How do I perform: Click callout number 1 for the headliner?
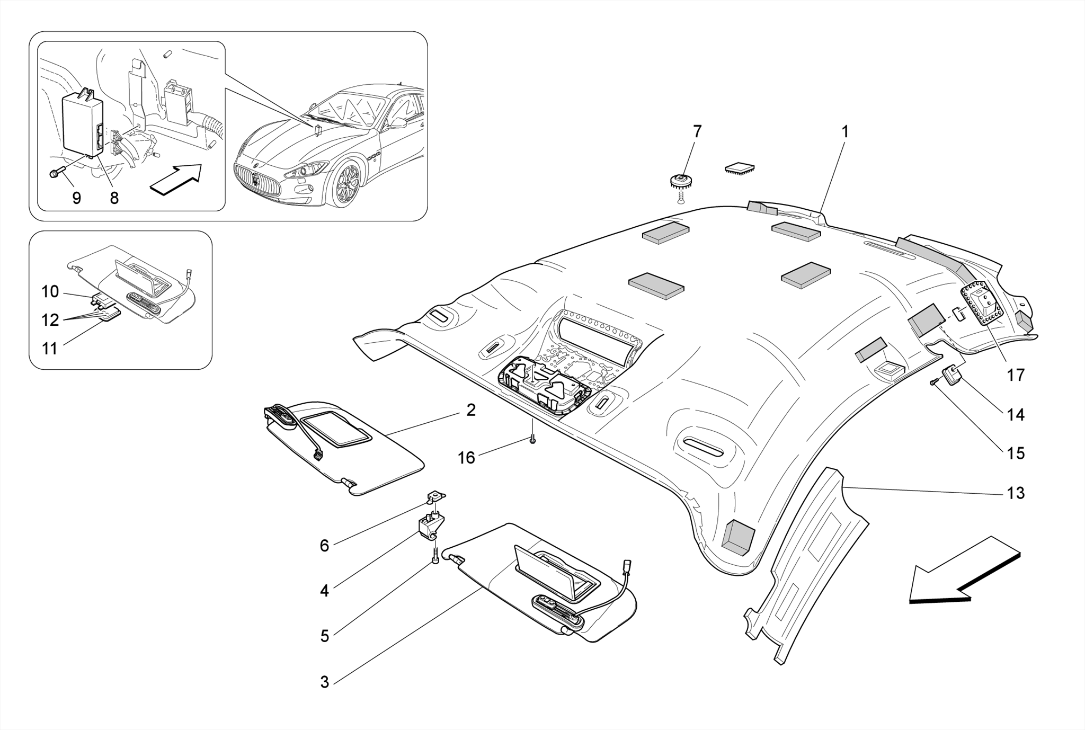[x=845, y=131]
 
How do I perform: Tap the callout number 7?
[x=697, y=131]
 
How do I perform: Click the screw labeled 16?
[x=533, y=439]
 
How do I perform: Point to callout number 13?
[x=1015, y=493]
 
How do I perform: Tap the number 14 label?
[x=1015, y=415]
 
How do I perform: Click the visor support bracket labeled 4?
[x=430, y=527]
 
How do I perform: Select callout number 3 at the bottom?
[x=324, y=682]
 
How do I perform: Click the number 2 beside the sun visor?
[x=470, y=410]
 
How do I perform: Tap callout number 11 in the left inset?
[x=49, y=349]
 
